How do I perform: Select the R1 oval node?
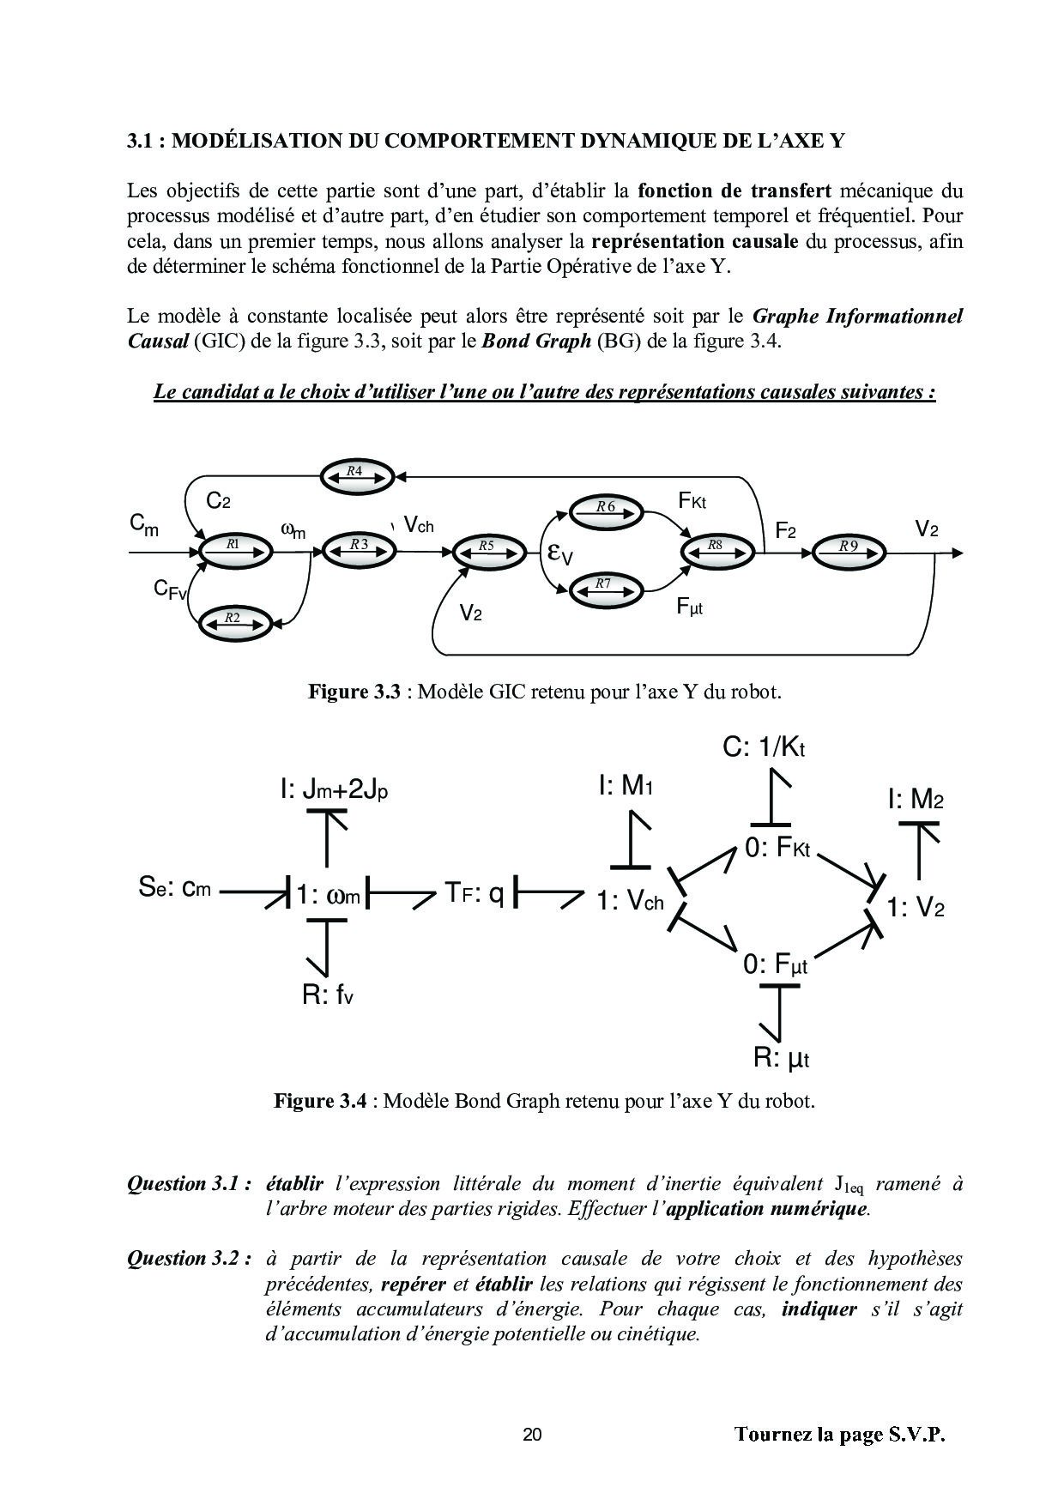pos(234,547)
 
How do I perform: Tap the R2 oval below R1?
pos(233,620)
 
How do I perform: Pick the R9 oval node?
pos(849,547)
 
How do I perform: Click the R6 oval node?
pos(607,510)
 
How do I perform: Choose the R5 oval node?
pos(487,548)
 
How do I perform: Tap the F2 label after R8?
pos(785,532)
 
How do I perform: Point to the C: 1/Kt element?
pos(764,748)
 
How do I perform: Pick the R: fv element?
pos(328,995)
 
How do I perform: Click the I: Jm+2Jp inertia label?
pos(334,789)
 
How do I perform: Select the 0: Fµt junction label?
pos(776,964)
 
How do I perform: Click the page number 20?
pos(532,1434)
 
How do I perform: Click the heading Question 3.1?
pos(189,1185)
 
